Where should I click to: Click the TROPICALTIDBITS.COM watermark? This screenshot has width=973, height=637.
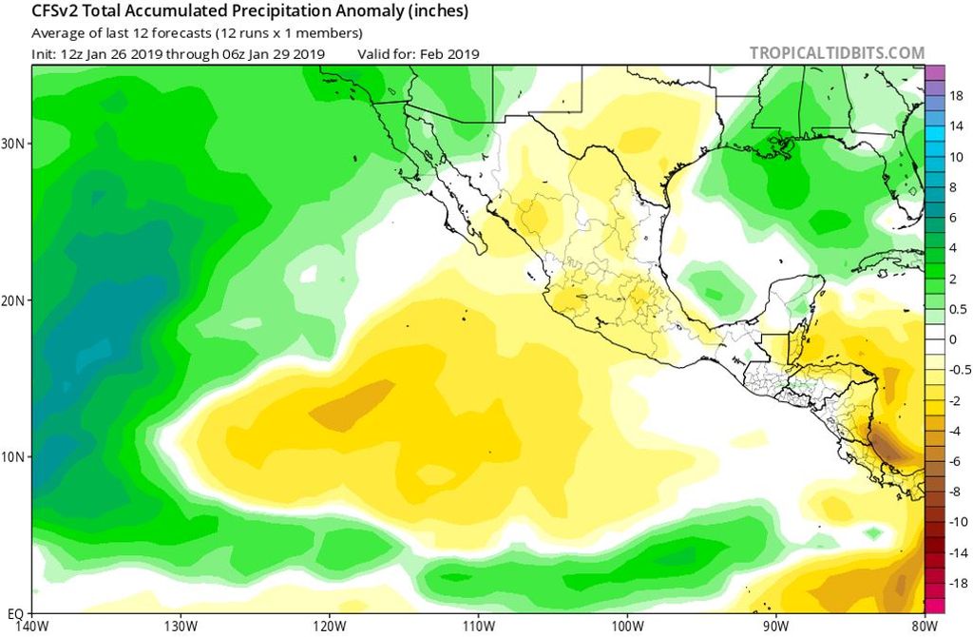click(836, 53)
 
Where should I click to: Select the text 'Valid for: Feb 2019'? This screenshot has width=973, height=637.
click(418, 54)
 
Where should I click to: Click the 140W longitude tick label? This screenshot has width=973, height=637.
click(32, 626)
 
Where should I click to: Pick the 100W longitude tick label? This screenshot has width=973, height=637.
click(627, 626)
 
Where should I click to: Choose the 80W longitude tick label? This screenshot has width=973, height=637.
click(922, 626)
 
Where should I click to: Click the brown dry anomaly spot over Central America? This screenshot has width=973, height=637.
click(889, 443)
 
